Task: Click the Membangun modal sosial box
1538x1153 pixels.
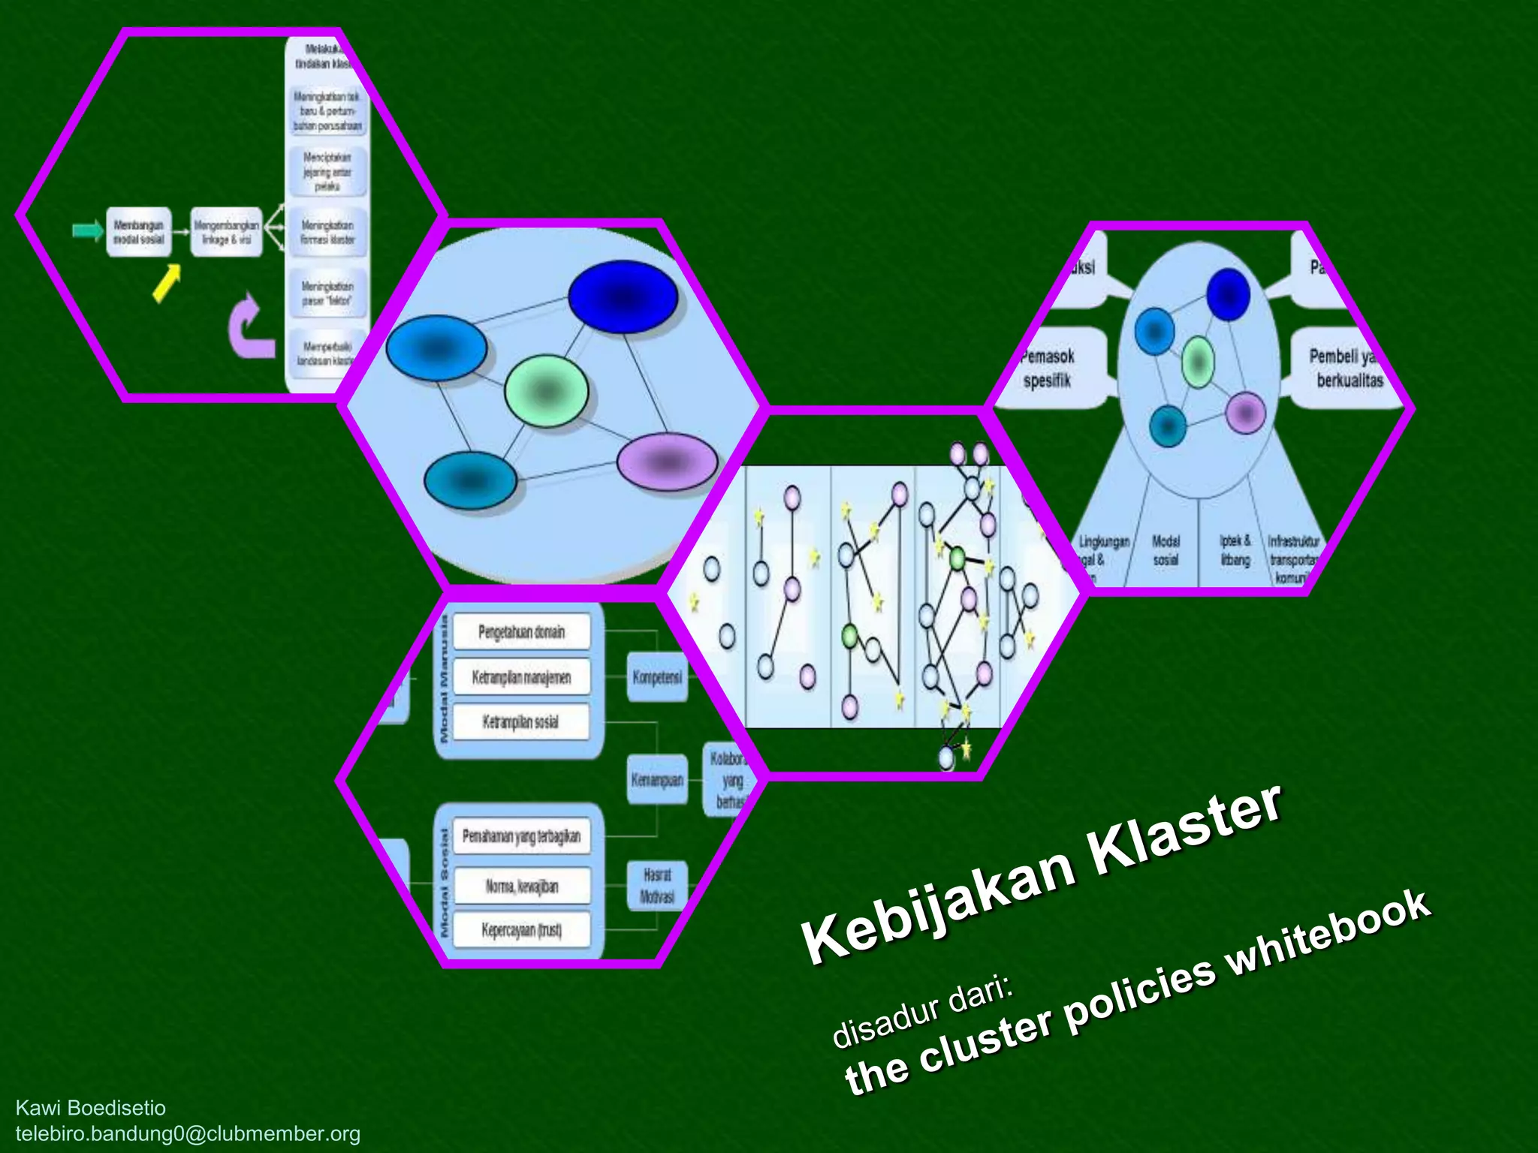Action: (138, 232)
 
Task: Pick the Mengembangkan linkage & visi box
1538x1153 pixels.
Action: (226, 232)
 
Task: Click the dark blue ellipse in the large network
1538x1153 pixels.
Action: (623, 297)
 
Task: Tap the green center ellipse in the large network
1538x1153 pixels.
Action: (546, 391)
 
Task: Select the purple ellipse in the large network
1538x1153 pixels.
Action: (667, 462)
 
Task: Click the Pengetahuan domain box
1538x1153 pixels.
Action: (521, 632)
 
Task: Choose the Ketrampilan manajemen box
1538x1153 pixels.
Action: (521, 677)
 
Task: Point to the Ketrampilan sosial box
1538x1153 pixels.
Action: (521, 722)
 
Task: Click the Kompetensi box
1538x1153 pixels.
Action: (657, 677)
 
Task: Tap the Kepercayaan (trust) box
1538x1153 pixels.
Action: (521, 930)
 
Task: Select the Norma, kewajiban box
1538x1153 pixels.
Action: (521, 887)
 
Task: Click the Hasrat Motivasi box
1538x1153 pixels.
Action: (657, 886)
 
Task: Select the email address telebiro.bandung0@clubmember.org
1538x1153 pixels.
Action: (188, 1133)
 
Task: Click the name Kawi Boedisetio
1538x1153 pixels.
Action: (90, 1108)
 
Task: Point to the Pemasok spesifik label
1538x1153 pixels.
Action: (1048, 368)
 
